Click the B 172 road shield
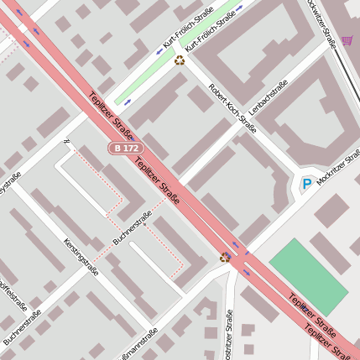point(125,148)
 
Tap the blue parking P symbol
point(307,184)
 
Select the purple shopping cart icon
point(347,39)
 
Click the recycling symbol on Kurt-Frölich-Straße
point(179,60)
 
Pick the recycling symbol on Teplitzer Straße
point(224,257)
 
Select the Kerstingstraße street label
point(81,257)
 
